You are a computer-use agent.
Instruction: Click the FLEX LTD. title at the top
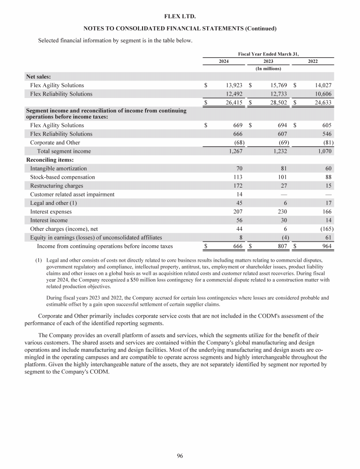[x=180, y=17]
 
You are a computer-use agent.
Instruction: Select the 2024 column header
[x=224, y=61]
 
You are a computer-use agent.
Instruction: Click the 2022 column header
[x=312, y=61]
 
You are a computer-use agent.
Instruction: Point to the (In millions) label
[x=268, y=69]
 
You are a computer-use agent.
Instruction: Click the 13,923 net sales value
[x=233, y=85]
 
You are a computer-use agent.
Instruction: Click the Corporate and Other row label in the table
[x=55, y=143]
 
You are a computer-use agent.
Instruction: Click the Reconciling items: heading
[x=46, y=160]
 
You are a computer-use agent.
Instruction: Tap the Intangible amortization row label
[x=58, y=168]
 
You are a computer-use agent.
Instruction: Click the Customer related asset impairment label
[x=72, y=194]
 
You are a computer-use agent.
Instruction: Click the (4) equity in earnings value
[x=283, y=237]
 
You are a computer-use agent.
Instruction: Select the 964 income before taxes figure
[x=326, y=246]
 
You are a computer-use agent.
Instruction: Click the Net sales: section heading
[x=38, y=76]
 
